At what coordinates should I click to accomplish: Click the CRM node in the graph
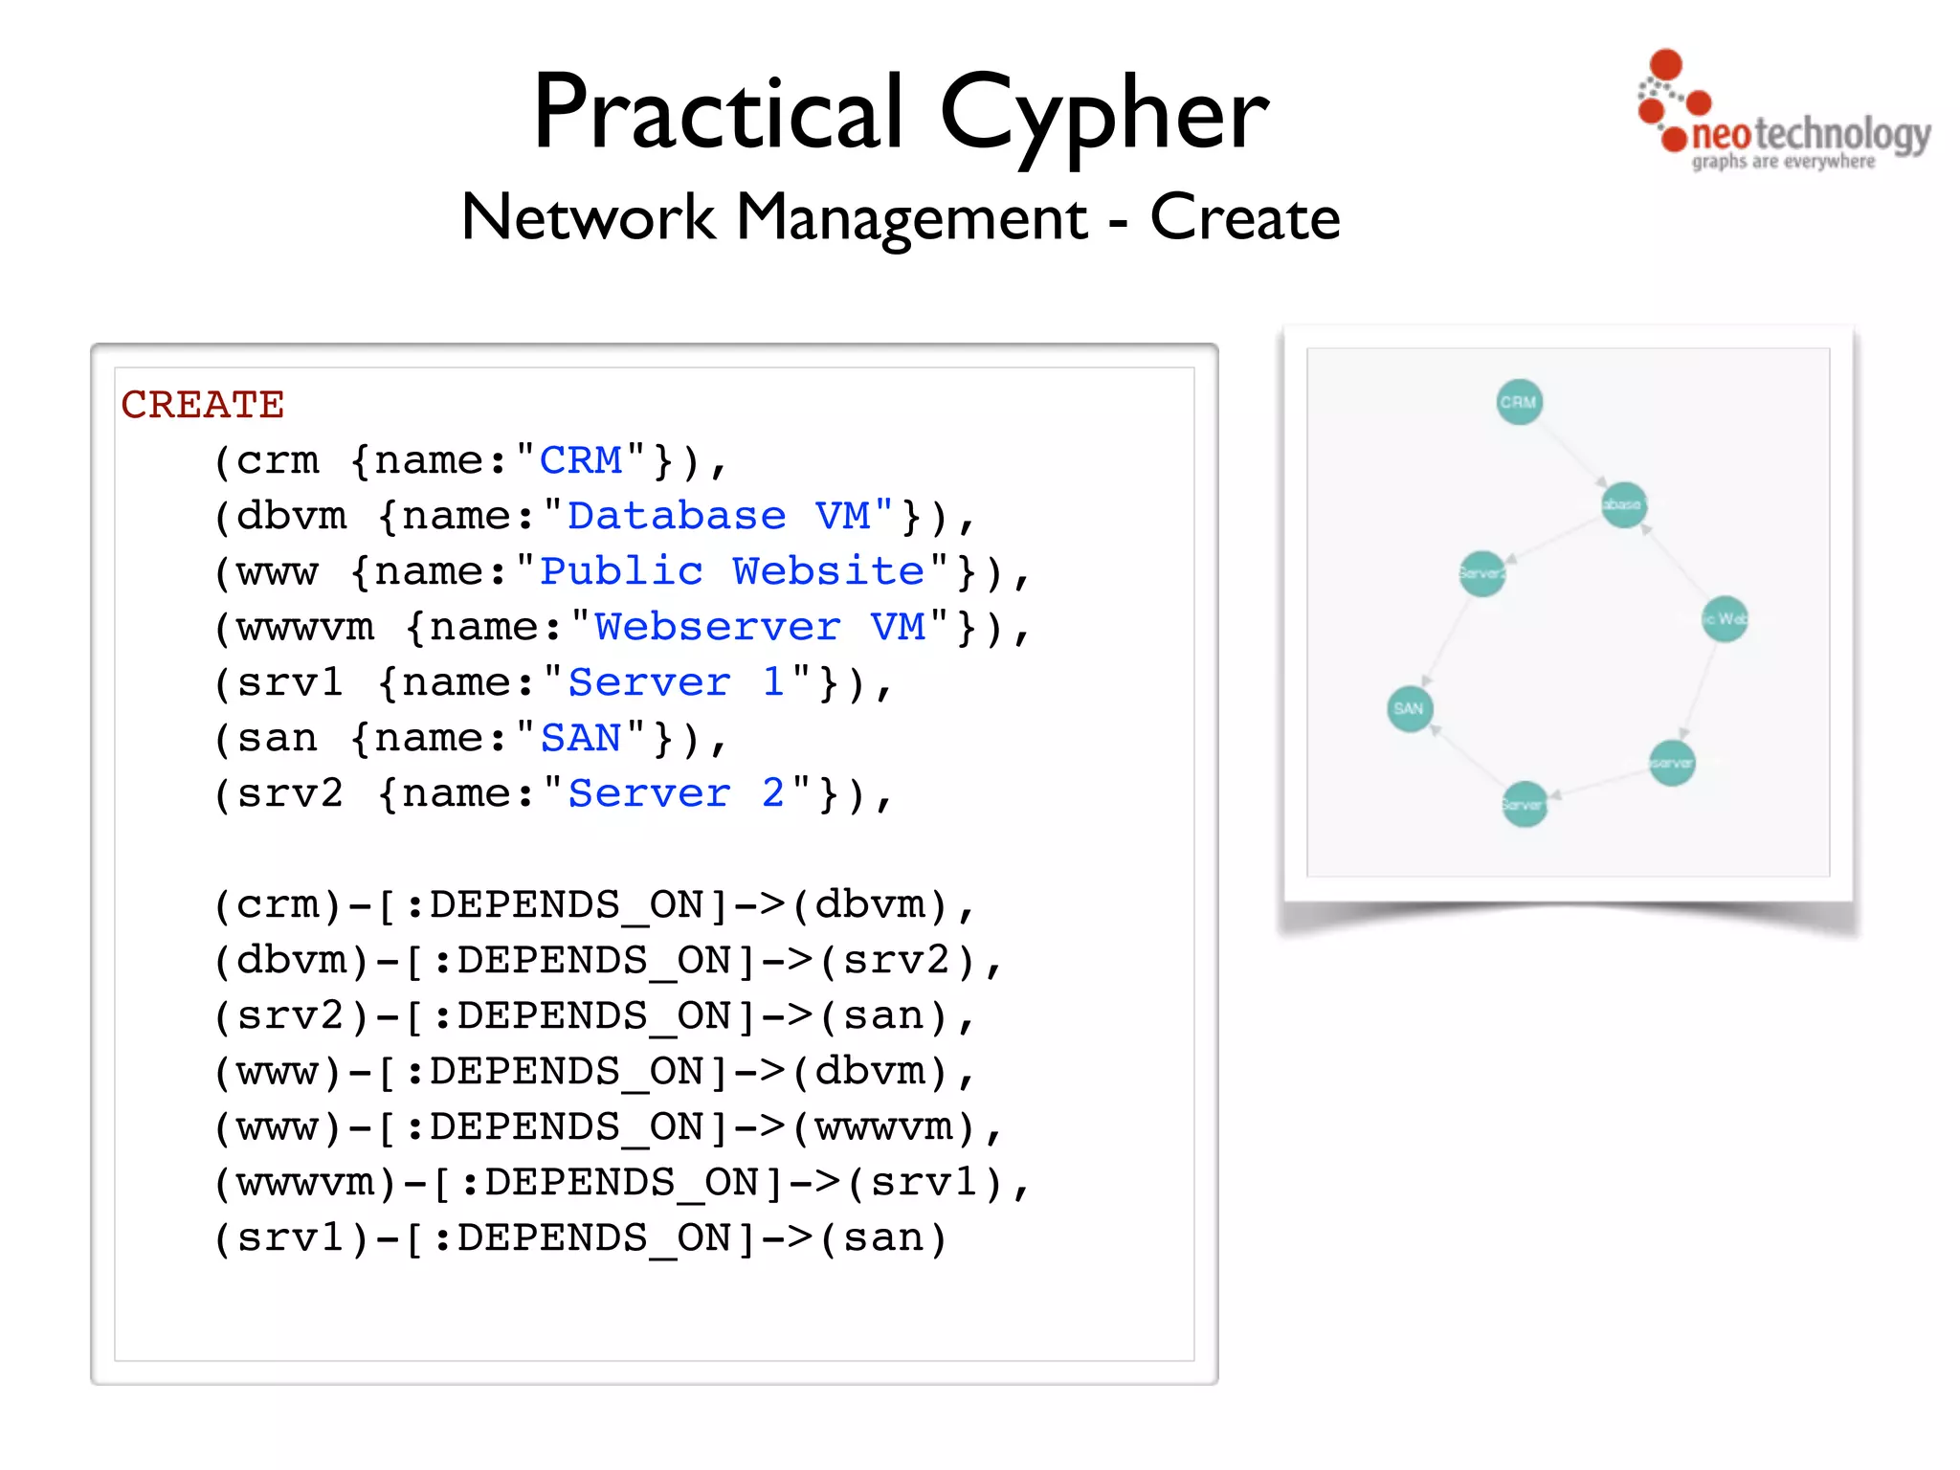1519,402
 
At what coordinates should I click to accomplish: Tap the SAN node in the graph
1410,709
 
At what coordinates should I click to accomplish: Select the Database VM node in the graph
1624,504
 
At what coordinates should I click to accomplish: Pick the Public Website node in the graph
1725,618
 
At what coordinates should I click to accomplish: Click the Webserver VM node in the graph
1672,763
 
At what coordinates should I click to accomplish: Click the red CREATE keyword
203,405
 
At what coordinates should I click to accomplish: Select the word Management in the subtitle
911,218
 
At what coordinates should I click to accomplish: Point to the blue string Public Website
732,571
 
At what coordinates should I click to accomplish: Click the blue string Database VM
718,516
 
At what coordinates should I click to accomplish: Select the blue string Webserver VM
760,627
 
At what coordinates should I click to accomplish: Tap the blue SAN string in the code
581,738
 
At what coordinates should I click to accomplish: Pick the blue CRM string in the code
581,460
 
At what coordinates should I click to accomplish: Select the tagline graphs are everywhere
1783,162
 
